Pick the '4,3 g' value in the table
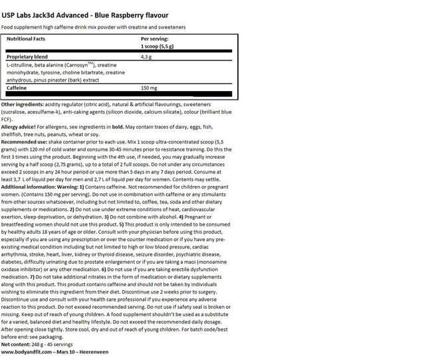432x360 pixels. coord(147,58)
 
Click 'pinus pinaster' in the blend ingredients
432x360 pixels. coord(56,79)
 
